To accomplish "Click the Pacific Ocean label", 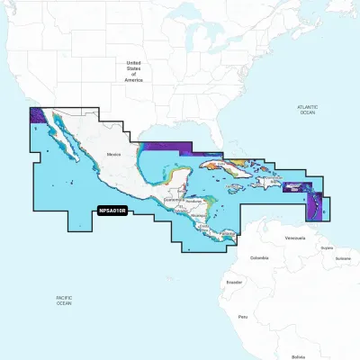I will point(63,301).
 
